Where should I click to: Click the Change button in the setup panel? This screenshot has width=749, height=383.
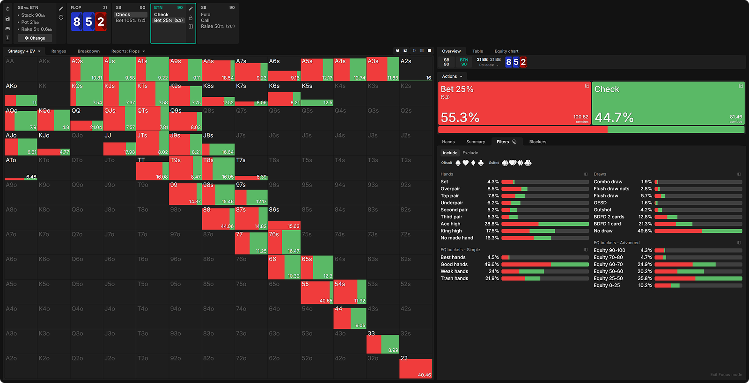35,38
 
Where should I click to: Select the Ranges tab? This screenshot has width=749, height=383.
59,51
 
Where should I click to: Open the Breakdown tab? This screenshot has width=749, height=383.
88,51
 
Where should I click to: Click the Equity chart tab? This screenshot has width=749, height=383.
506,51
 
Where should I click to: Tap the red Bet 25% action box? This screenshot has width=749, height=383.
514,103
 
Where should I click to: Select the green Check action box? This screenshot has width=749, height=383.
668,103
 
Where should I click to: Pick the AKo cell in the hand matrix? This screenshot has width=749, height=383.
21,94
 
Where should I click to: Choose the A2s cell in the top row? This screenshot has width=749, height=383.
416,69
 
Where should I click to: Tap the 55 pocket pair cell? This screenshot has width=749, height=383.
316,292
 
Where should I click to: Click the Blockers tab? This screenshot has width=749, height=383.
537,142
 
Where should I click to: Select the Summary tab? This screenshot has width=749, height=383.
475,142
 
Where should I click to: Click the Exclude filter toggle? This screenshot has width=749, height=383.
470,153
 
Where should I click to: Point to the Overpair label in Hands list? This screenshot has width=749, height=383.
450,189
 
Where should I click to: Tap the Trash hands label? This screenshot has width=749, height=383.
454,278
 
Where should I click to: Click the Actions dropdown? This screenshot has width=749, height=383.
452,76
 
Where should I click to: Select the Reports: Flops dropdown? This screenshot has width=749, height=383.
128,51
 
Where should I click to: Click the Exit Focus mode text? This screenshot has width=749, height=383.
726,375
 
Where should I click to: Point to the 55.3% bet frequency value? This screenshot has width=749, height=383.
460,117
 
